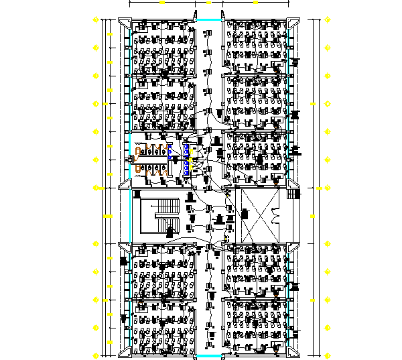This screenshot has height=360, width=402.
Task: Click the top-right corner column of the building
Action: pyautogui.click(x=292, y=21)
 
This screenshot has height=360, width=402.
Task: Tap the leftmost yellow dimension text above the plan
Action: pyautogui.click(x=163, y=4)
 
